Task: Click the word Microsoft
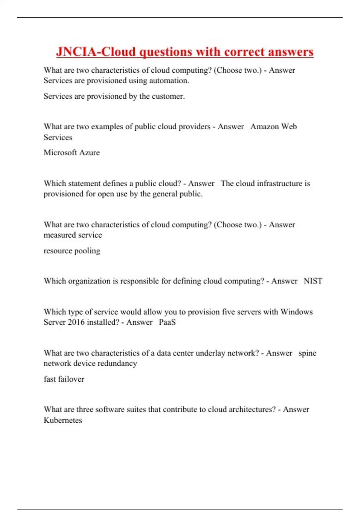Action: click(60, 153)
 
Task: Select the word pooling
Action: click(87, 251)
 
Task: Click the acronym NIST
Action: click(313, 281)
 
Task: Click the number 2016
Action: click(76, 322)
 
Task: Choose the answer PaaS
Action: click(167, 322)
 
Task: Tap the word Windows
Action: click(296, 312)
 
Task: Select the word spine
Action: click(307, 353)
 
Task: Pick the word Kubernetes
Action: click(63, 420)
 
